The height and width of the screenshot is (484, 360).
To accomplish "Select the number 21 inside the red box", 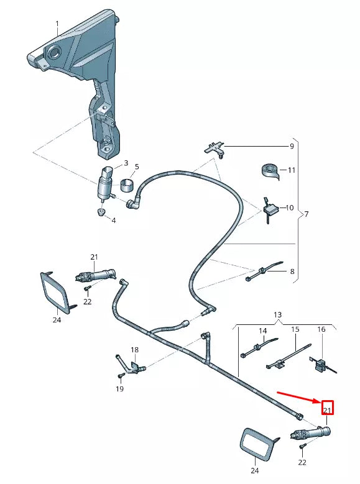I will click(x=327, y=409).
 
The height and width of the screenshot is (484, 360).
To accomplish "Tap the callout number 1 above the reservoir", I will click(x=57, y=24).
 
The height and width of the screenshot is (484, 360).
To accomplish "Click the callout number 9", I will click(x=291, y=147).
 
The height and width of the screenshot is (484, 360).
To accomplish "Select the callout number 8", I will click(x=291, y=272).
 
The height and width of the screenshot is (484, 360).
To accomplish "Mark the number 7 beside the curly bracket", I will click(x=305, y=214).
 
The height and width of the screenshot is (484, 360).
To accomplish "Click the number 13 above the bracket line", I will click(x=277, y=315).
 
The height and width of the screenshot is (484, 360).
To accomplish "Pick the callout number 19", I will click(x=119, y=389).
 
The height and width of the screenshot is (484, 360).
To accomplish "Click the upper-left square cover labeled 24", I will click(x=56, y=291).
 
